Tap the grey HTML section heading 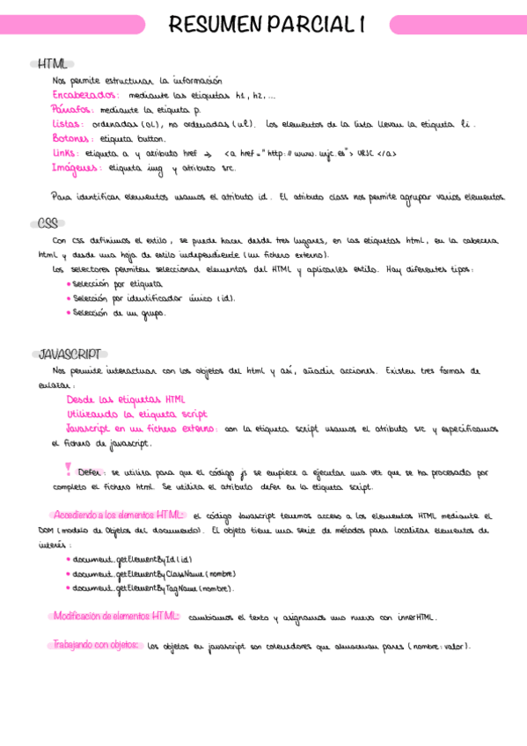point(52,63)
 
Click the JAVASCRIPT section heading point(70,355)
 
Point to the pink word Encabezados point(84,94)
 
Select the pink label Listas point(67,124)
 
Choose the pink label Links point(65,153)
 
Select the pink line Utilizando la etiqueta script point(136,413)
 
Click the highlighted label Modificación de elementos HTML point(116,617)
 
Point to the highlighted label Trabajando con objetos point(97,645)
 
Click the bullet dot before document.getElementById point(70,559)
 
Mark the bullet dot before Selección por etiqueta point(70,285)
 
